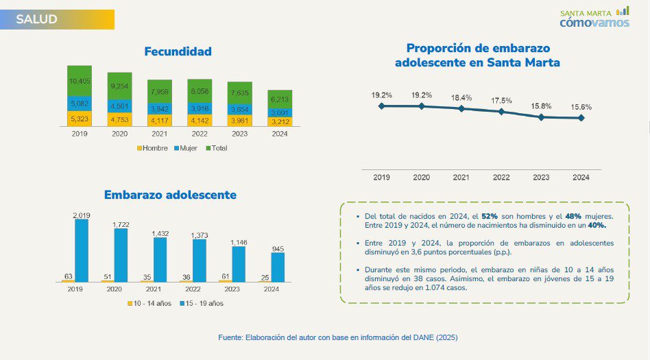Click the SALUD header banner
point(57,19)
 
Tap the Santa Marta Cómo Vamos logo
point(594,18)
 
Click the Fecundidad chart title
point(178,51)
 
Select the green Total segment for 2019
point(80,81)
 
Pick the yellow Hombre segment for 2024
point(280,121)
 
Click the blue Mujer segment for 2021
point(160,108)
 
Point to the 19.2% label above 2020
point(421,95)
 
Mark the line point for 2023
point(541,117)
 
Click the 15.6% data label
point(581,107)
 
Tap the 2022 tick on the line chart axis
point(501,178)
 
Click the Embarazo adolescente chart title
point(170,195)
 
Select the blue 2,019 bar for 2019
point(82,250)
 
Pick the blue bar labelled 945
point(278,267)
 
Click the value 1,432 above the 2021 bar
point(160,234)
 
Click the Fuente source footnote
point(337,337)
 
